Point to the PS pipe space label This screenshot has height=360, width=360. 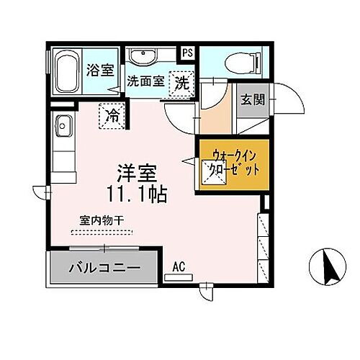tap(187, 53)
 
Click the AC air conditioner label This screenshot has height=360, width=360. tap(179, 267)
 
